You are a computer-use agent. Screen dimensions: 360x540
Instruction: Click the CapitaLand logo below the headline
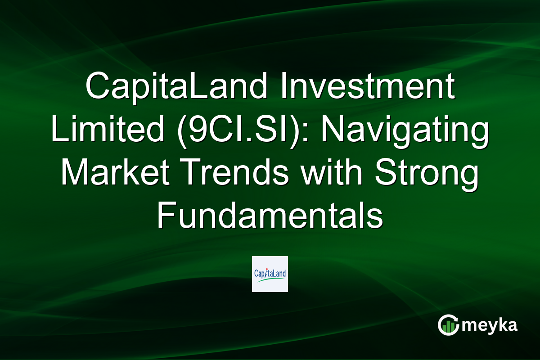[x=270, y=274]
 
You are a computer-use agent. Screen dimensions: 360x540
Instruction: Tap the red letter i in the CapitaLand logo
[x=266, y=272]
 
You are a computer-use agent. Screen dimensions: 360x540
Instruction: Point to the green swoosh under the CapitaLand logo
[x=270, y=280]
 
